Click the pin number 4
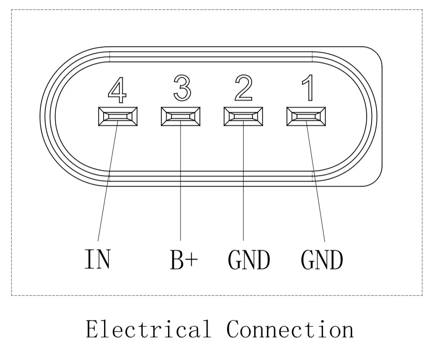point(117,90)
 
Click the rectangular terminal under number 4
point(118,116)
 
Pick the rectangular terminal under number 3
point(181,116)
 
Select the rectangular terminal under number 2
point(244,116)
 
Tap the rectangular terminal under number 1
point(306,116)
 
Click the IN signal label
point(97,259)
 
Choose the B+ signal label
point(183,259)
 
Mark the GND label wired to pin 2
point(249,259)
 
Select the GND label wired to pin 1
point(322,259)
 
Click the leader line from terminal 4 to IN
point(107,182)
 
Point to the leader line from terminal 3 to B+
point(181,182)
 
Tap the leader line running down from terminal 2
point(244,182)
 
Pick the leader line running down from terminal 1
point(316,182)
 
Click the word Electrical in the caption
point(148,330)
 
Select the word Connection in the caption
point(290,330)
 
